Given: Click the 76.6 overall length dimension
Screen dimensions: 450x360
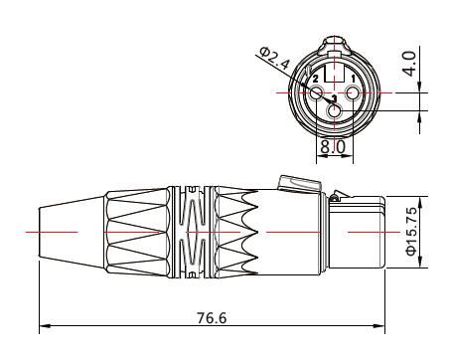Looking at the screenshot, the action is coord(212,318).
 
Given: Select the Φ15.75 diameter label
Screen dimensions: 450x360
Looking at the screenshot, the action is coord(411,232).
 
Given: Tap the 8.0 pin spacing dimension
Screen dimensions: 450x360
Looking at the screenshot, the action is coord(333,147).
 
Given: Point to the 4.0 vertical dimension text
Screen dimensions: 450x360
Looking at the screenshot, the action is coord(409,64).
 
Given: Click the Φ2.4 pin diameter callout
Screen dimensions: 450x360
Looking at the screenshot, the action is coord(275,59).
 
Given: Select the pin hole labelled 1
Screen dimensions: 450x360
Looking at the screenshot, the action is coord(352,92).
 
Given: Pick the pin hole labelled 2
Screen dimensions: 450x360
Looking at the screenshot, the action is coord(317,92).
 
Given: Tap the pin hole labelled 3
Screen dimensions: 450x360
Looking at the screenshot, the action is coord(334,110).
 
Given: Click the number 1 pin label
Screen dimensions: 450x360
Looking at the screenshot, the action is coord(353,79).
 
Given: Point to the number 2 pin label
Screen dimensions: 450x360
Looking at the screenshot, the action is coord(315,79).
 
